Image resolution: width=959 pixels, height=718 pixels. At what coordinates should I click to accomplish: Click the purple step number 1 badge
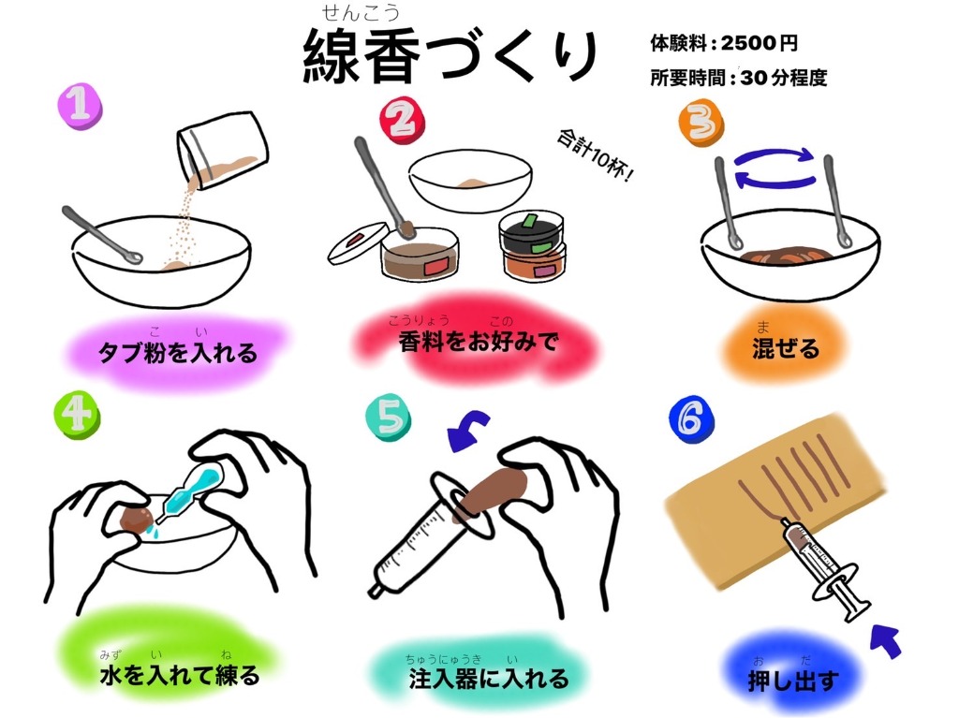coord(80,106)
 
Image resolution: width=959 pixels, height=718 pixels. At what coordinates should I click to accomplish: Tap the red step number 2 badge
coord(402,121)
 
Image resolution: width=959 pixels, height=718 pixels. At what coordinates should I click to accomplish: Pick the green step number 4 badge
coord(77,414)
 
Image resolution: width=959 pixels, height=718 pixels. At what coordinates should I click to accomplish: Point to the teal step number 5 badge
coord(388,418)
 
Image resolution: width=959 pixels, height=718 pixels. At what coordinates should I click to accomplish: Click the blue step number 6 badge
coord(692,419)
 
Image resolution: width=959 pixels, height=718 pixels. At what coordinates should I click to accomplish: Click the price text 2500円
coord(759,43)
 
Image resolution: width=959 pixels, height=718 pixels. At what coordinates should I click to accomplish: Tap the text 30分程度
coord(784,78)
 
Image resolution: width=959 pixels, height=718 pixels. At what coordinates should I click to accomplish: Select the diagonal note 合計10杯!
coord(595,154)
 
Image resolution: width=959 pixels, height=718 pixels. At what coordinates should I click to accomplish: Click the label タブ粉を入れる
coord(177,353)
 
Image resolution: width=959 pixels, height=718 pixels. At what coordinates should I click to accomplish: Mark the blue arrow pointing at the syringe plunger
coord(886,640)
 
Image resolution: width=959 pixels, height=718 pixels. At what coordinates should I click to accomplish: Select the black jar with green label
coord(531,230)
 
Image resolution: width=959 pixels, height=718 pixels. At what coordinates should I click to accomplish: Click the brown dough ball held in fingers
coord(135,520)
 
